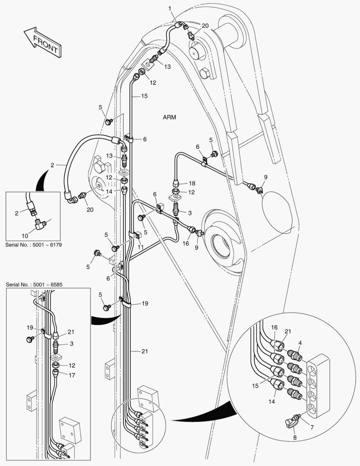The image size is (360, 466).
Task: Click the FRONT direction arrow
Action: click(43, 42)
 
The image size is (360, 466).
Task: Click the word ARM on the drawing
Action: click(169, 117)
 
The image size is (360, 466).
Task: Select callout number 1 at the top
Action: click(170, 9)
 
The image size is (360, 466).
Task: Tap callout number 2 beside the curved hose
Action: click(52, 165)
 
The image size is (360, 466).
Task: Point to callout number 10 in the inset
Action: click(25, 236)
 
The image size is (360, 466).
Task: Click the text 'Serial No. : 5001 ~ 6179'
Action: click(34, 245)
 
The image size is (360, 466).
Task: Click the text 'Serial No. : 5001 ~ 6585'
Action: click(34, 285)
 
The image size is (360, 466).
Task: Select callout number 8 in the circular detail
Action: click(294, 438)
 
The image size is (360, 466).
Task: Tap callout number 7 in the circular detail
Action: click(312, 427)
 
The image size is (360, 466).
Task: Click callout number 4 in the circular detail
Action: click(300, 343)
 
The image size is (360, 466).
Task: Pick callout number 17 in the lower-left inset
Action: click(72, 375)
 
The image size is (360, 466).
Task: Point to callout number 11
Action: click(141, 247)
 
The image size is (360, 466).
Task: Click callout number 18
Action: click(192, 183)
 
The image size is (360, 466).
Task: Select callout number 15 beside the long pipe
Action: click(144, 96)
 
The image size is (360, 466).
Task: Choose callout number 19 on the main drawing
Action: click(145, 303)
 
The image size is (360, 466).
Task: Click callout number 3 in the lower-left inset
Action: click(71, 343)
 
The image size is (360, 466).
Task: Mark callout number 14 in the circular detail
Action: click(272, 402)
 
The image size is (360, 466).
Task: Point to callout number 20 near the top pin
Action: click(205, 26)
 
